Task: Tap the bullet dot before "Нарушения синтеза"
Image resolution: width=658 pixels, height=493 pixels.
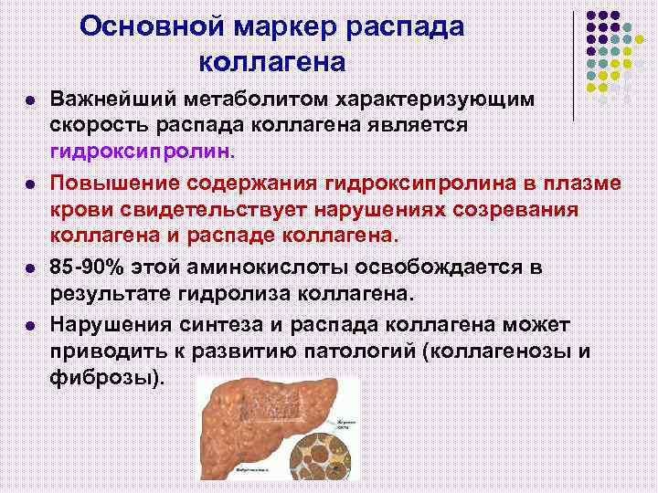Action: [x=29, y=327]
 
